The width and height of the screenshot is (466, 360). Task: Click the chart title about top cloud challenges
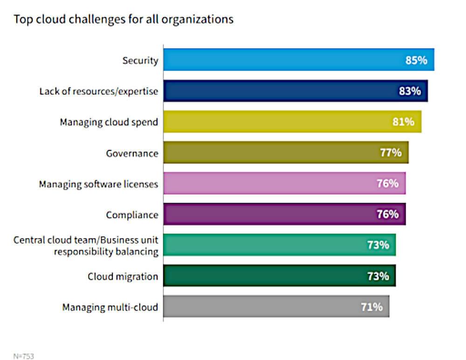123,20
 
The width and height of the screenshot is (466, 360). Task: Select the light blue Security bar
280,60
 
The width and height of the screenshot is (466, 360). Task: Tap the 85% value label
416,60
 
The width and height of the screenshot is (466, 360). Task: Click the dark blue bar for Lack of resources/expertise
280,91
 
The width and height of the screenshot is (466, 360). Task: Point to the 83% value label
410,91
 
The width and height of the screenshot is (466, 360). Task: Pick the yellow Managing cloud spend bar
280,122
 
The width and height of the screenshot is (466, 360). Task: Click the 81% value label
403,122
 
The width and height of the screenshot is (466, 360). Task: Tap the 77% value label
390,152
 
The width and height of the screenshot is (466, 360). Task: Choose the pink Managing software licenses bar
270,183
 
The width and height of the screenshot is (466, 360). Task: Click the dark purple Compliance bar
270,214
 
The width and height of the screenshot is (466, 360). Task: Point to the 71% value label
371,307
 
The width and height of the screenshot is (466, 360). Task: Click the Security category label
140,61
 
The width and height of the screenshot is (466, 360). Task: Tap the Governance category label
133,153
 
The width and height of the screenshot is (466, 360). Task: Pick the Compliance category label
132,215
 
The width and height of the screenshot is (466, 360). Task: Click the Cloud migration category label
123,276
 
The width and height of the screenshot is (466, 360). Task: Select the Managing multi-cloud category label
110,307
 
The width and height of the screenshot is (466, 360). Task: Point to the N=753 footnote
24,356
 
